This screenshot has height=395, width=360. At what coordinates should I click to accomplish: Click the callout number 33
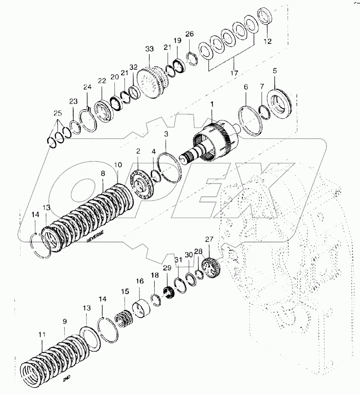pyautogui.click(x=150, y=49)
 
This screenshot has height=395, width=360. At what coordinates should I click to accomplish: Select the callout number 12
pyautogui.click(x=267, y=42)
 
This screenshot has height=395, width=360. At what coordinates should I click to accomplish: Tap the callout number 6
pyautogui.click(x=246, y=87)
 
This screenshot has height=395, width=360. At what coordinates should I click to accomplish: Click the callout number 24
pyautogui.click(x=88, y=87)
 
